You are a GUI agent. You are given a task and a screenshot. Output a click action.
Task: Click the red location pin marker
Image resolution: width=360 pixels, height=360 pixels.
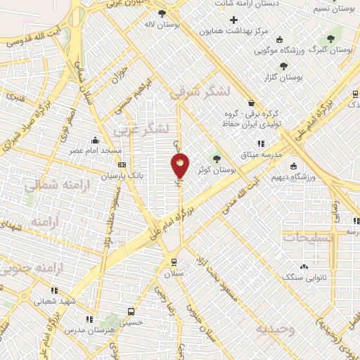(181, 165)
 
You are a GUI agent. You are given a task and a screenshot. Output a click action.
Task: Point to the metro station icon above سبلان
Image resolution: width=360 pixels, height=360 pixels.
(174, 261)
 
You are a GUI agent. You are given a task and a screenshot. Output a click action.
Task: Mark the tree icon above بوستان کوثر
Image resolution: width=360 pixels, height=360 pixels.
(217, 158)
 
